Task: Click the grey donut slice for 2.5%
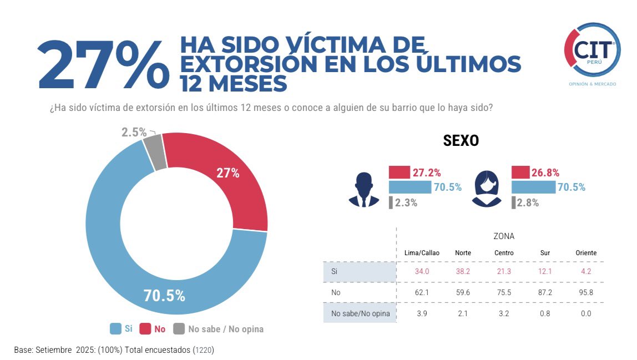coord(155,153)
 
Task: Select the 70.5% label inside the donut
coord(164,296)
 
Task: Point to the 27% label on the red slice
coord(228,173)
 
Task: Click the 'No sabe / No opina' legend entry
coord(218,329)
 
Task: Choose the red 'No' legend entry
coord(153,329)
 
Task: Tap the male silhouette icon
coord(363,190)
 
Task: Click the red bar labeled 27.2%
coord(399,173)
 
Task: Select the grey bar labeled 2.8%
coord(513,202)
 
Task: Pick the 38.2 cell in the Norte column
coord(463,271)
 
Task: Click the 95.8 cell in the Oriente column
coord(586,292)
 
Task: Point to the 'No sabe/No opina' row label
coord(360,314)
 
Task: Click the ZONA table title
coord(503,236)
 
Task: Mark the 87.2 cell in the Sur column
coord(545,292)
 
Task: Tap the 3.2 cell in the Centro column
coord(504,314)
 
